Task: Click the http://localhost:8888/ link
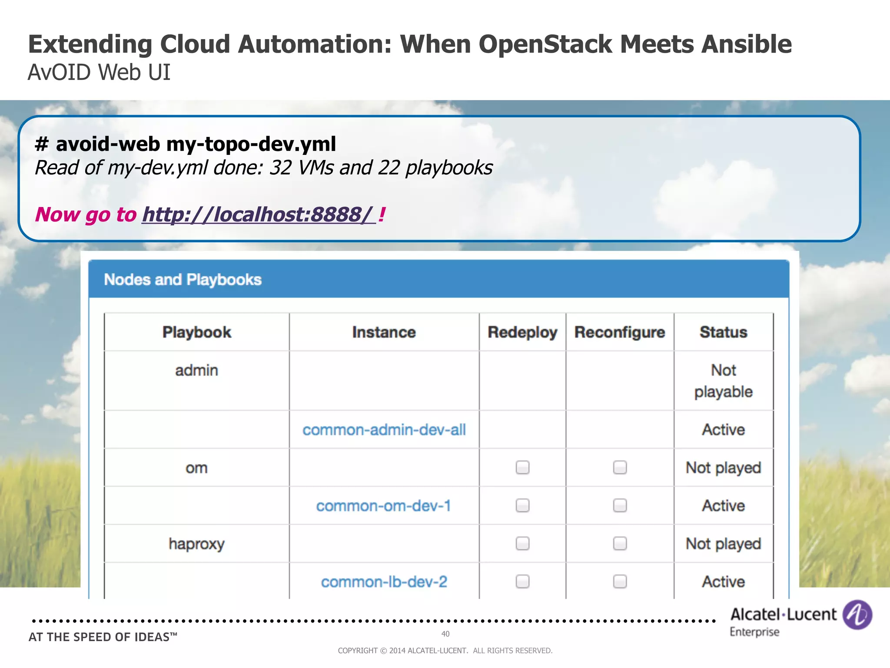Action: point(259,214)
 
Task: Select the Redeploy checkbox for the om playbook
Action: point(522,468)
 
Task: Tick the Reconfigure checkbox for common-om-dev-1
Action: point(620,505)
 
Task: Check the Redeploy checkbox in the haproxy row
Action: point(522,544)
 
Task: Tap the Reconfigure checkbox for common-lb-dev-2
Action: point(620,581)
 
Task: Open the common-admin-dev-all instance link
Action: point(384,430)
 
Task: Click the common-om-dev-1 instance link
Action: point(384,506)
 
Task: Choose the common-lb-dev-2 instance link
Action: point(384,582)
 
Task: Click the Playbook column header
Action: point(196,332)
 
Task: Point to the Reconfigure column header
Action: point(620,332)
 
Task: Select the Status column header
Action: point(723,332)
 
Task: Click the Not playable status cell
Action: point(723,381)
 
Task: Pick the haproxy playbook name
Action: point(196,544)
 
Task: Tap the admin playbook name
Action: point(196,371)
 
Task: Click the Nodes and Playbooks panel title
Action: point(183,280)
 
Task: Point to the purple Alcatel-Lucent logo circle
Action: point(857,615)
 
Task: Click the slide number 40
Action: point(445,634)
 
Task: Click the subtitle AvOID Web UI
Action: point(99,72)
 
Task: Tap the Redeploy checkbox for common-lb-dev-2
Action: point(522,581)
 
